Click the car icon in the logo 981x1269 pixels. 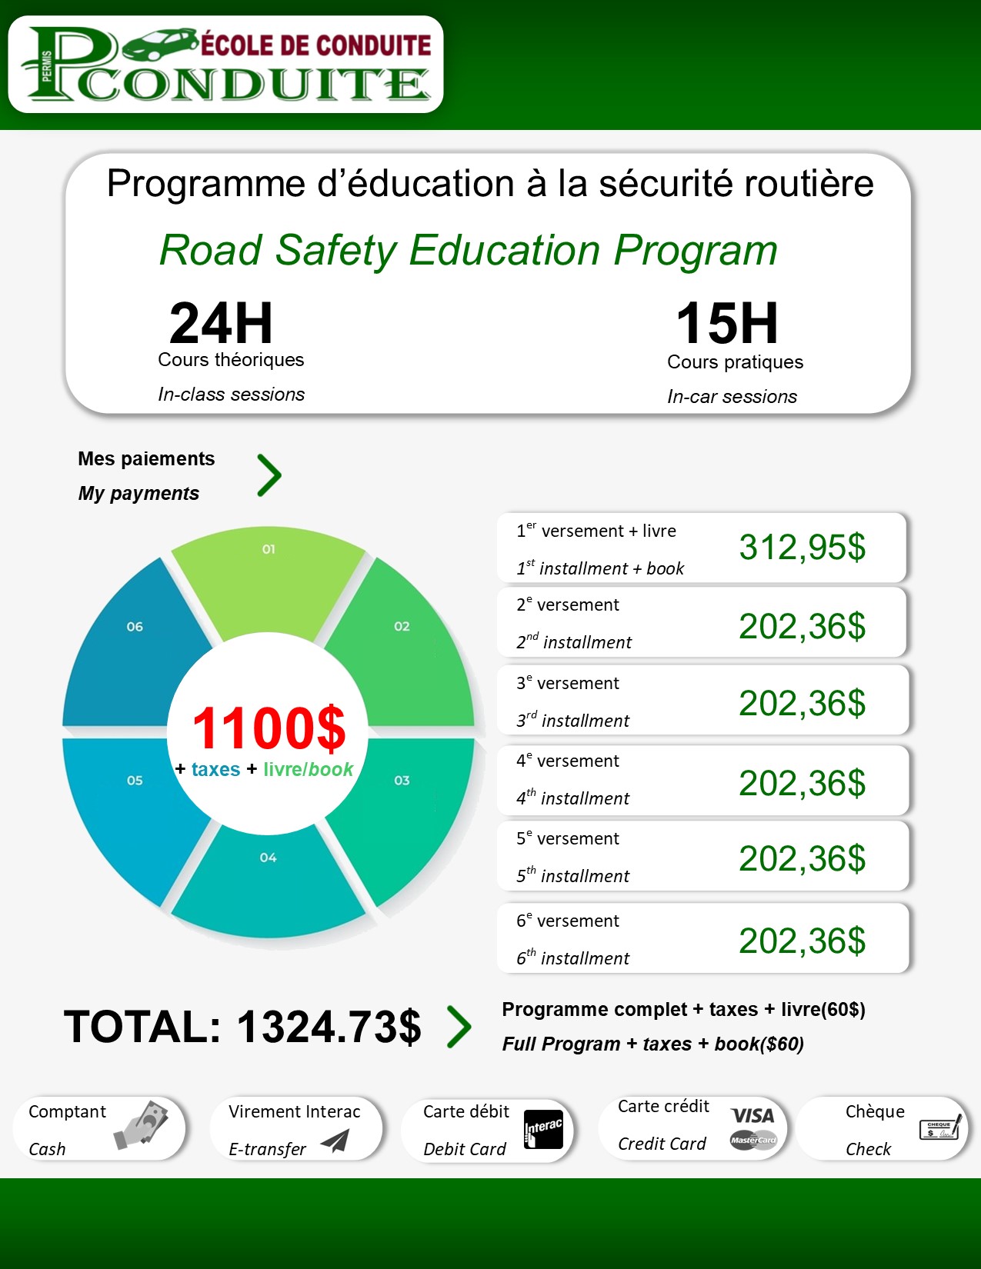[x=158, y=45]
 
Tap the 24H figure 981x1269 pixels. [x=221, y=323]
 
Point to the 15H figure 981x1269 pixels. [x=727, y=323]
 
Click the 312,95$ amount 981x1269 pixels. [x=802, y=547]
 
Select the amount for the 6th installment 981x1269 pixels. [x=802, y=941]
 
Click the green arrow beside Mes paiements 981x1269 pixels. [x=269, y=475]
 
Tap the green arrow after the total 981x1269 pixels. [x=459, y=1027]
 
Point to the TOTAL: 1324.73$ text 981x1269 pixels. [x=242, y=1027]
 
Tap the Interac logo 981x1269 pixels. [x=543, y=1129]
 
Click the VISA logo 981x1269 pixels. [x=752, y=1116]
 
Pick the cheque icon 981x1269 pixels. [x=940, y=1128]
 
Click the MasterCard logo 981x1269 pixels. [x=753, y=1141]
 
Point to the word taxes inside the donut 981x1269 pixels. [x=215, y=769]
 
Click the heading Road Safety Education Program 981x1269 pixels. [x=468, y=250]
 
